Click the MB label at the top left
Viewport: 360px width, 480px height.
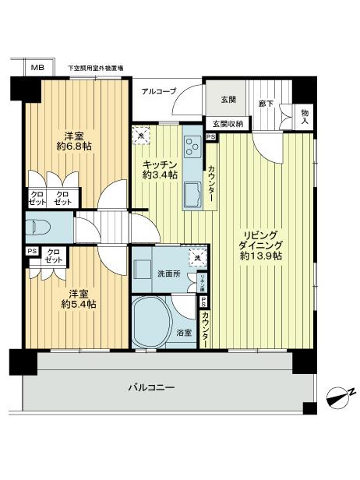pyautogui.click(x=37, y=68)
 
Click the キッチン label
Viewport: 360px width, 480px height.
pyautogui.click(x=160, y=165)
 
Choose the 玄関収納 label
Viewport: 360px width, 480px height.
pyautogui.click(x=226, y=123)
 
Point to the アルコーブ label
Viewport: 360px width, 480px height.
pyautogui.click(x=159, y=91)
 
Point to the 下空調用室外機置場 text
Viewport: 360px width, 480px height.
pyautogui.click(x=96, y=68)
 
